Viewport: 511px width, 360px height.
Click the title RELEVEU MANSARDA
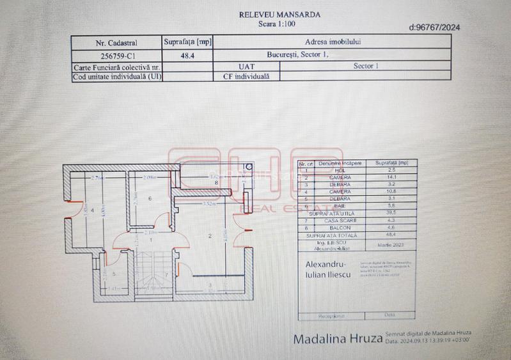point(279,14)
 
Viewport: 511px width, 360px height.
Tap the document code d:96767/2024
point(434,27)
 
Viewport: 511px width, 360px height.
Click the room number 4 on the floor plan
point(93,208)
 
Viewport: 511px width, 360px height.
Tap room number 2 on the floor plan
point(210,237)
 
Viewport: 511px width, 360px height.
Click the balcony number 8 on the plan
point(217,183)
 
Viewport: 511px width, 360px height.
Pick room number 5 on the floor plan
point(111,274)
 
